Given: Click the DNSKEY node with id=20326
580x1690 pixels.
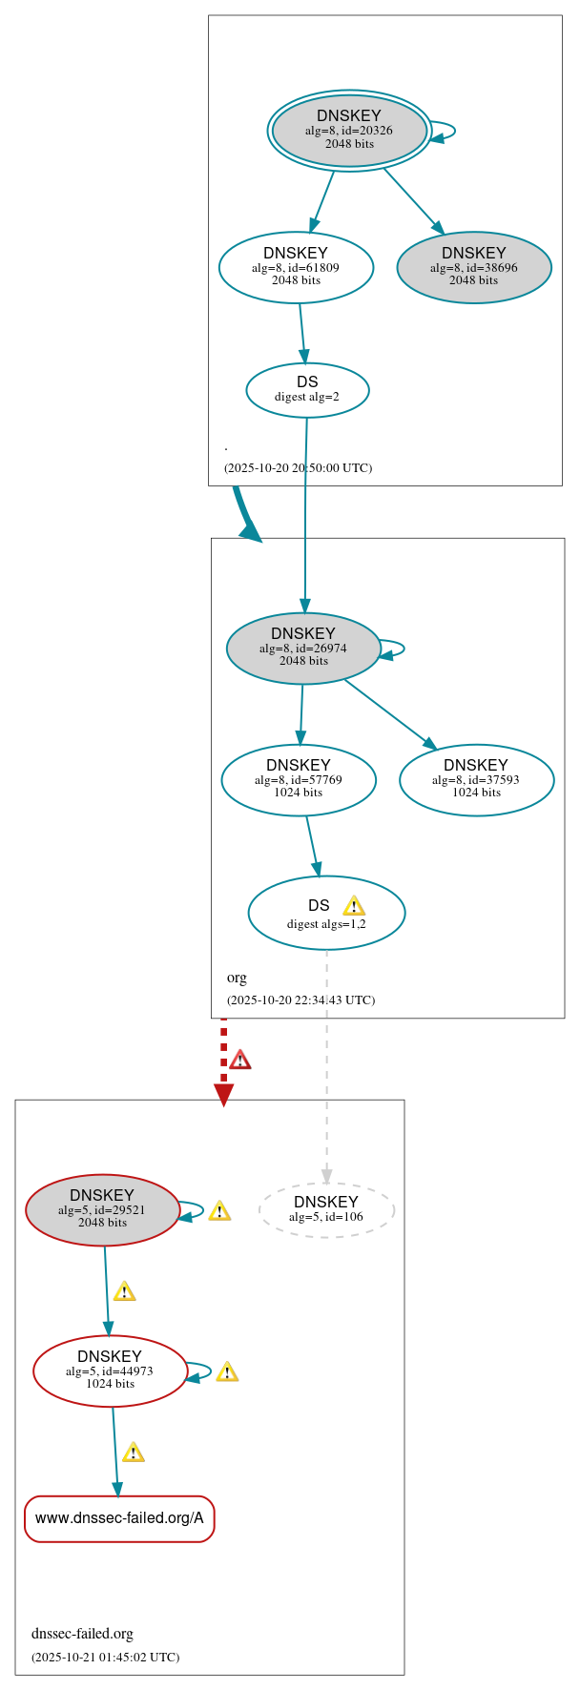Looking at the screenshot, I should point(349,131).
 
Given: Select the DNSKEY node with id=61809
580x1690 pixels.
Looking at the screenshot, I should point(296,267).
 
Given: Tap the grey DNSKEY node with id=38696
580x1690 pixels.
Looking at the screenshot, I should point(474,267).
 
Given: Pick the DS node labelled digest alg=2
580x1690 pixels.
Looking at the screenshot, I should point(307,389).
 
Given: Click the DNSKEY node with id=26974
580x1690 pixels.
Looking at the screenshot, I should point(303,648).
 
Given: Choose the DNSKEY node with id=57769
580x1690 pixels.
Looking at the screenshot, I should point(299,779).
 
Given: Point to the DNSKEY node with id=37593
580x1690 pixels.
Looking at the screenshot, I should point(476,779).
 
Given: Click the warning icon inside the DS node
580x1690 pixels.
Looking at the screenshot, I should point(354,905).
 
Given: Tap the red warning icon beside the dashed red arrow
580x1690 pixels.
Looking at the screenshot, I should point(240,1060).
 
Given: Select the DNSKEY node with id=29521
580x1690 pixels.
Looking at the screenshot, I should point(102,1209).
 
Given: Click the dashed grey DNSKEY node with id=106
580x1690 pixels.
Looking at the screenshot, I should point(326,1209).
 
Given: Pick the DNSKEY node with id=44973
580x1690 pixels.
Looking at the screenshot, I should point(110,1371).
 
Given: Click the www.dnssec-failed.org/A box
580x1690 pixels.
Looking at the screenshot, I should point(119,1518).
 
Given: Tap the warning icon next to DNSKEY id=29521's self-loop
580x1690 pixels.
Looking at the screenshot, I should point(219,1210).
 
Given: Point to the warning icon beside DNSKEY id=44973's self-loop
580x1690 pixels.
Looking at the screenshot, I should point(227,1371).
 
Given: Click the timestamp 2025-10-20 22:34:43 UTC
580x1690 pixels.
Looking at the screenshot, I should point(300,1000).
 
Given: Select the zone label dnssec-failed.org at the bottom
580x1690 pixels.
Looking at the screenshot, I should point(82,1634).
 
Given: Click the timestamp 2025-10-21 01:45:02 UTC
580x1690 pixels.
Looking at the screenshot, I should point(105,1657).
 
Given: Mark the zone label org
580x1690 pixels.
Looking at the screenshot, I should point(237,978).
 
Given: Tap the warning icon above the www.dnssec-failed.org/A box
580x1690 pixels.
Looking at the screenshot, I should point(134,1453).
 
